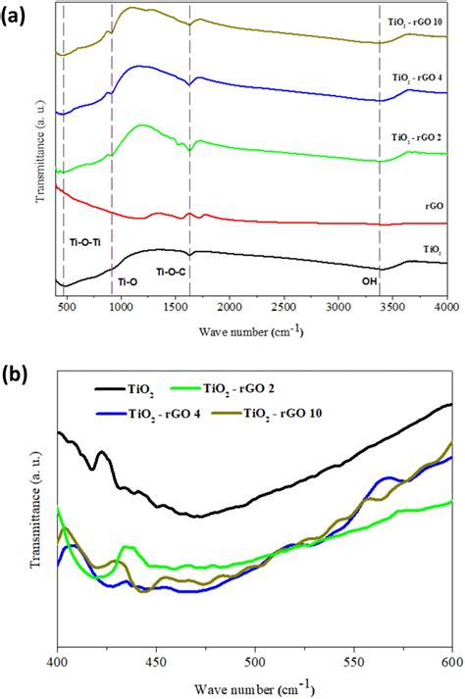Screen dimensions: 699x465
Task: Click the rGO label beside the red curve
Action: coord(436,206)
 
